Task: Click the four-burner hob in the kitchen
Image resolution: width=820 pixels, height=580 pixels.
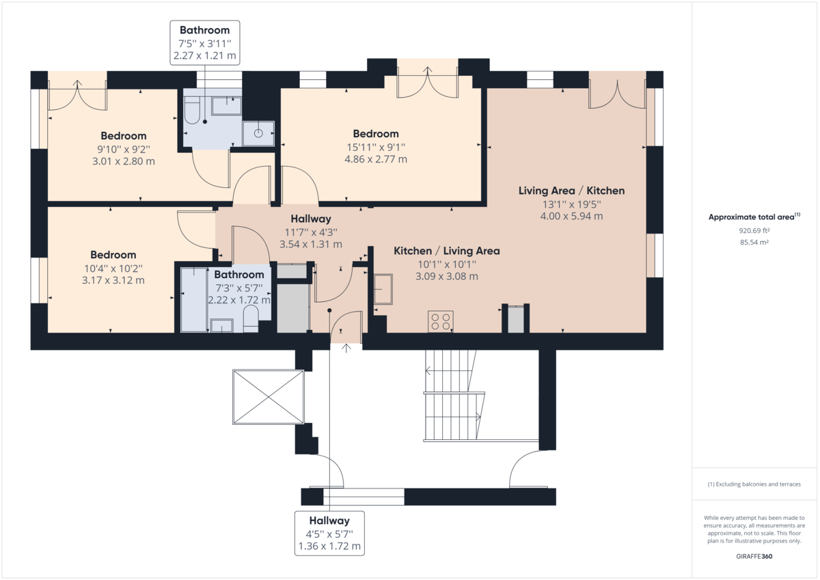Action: (x=441, y=321)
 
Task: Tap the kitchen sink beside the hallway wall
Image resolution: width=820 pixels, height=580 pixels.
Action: (x=383, y=289)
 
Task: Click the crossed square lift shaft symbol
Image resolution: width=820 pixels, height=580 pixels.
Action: (x=267, y=397)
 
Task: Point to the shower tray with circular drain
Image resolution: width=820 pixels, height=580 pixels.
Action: (x=258, y=134)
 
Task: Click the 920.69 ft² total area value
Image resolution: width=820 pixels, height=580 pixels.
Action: (x=754, y=230)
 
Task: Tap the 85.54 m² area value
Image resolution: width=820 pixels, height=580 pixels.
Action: (x=754, y=242)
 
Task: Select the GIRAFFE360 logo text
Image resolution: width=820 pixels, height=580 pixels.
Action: (x=754, y=556)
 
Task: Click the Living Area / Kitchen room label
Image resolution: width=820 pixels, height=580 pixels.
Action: (x=571, y=191)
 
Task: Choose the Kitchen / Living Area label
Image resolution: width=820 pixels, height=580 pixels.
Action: (x=446, y=251)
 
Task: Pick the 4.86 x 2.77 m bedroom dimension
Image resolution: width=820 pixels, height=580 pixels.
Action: (x=375, y=159)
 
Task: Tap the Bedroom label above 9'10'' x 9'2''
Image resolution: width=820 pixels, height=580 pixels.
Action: (x=124, y=136)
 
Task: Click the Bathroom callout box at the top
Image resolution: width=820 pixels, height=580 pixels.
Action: (x=204, y=42)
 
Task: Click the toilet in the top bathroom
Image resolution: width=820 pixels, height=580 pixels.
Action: (x=191, y=111)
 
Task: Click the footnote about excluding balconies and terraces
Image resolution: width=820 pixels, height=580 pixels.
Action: (x=754, y=484)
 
